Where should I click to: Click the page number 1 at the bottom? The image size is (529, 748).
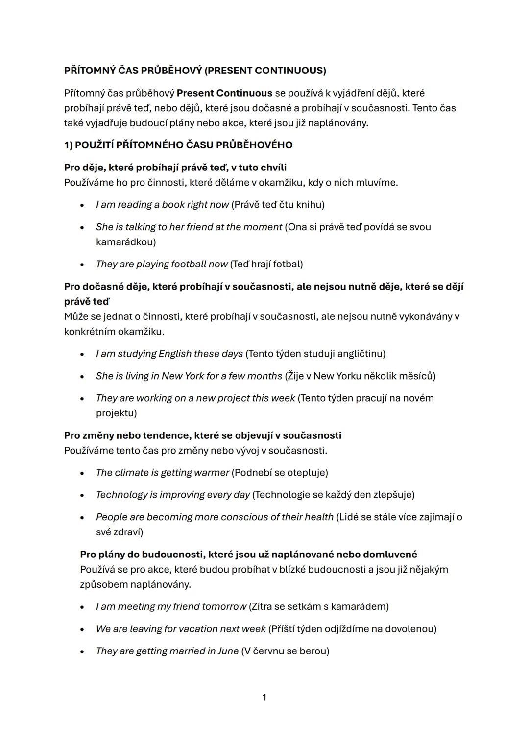coord(264,697)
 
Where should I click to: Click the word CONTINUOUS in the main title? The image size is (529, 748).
coord(290,71)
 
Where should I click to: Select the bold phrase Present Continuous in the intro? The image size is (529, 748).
coord(224,93)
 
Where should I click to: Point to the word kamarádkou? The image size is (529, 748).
coord(126,242)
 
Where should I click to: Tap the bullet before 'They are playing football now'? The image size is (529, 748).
coord(82,265)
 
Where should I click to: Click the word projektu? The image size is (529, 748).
coord(116,413)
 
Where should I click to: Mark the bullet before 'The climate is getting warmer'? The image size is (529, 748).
coord(82,473)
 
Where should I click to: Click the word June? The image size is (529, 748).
coord(228,651)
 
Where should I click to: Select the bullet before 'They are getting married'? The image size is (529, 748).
coord(82,651)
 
